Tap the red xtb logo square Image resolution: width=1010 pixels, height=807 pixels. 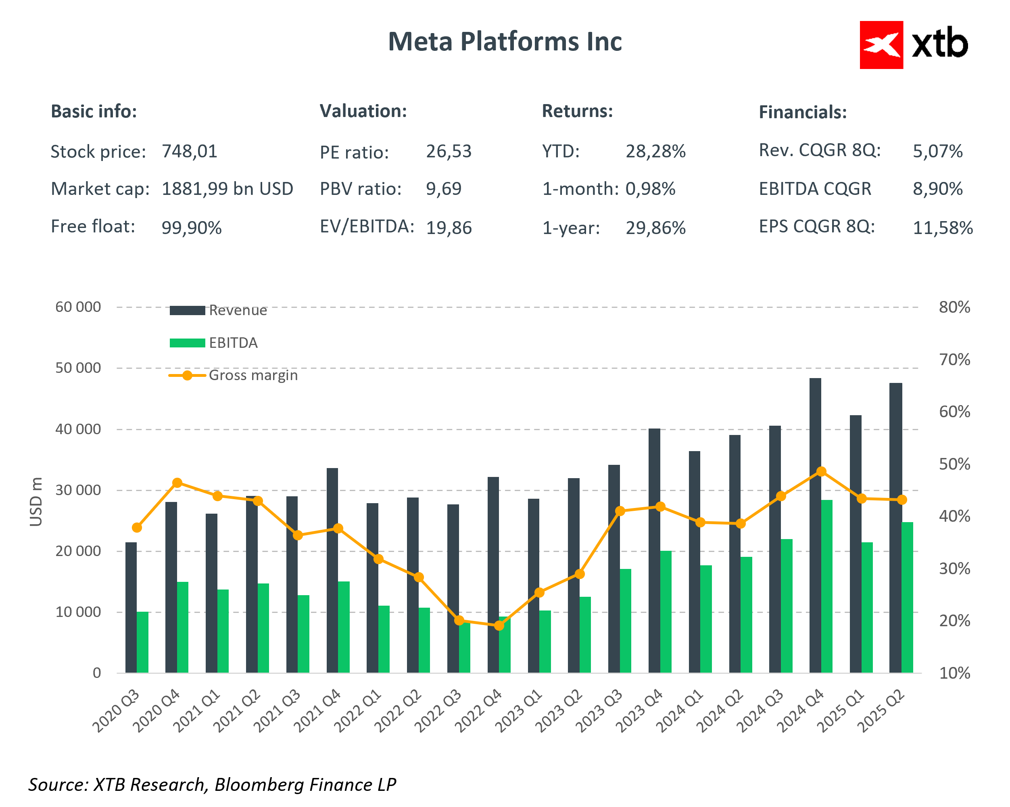click(x=881, y=45)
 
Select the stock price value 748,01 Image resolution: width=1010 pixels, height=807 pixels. click(x=189, y=151)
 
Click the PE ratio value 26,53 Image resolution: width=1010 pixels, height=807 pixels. click(x=448, y=151)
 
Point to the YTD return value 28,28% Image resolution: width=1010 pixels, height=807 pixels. click(x=655, y=151)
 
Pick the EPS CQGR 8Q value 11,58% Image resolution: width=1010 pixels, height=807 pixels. click(x=943, y=228)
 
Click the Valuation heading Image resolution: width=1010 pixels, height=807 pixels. click(x=363, y=111)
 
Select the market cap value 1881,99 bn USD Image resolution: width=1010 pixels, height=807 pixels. click(x=227, y=189)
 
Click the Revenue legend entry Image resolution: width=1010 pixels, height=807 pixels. click(x=218, y=310)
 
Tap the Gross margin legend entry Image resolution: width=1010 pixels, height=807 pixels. click(x=233, y=375)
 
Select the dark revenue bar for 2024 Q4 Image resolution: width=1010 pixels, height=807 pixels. click(x=815, y=525)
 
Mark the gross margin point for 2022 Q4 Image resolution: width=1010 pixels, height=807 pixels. click(x=499, y=625)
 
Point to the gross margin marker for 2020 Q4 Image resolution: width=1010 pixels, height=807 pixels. click(x=177, y=483)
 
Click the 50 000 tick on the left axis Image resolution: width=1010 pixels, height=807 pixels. click(x=78, y=368)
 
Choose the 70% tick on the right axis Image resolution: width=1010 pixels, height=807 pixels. click(x=954, y=360)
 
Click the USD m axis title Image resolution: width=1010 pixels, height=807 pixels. click(x=36, y=502)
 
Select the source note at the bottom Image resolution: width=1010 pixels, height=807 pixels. click(x=212, y=784)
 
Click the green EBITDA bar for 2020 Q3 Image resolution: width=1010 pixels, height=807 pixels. click(x=143, y=642)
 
